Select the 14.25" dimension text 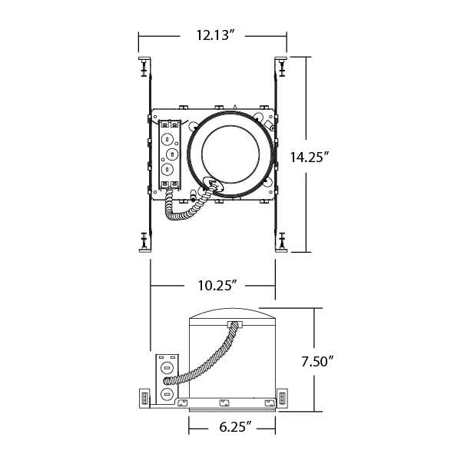[310, 157]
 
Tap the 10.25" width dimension [217, 286]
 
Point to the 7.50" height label [317, 361]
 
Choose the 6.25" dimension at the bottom [235, 426]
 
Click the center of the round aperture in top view [230, 154]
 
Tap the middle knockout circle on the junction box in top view [172, 154]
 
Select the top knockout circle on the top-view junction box [167, 138]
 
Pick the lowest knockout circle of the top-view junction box [167, 169]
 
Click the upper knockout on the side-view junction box [167, 369]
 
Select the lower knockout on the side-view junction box [167, 395]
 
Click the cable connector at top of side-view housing [234, 324]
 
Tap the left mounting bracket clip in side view [144, 398]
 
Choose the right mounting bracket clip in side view [282, 398]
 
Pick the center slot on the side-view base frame [224, 403]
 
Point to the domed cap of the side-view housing [232, 313]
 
